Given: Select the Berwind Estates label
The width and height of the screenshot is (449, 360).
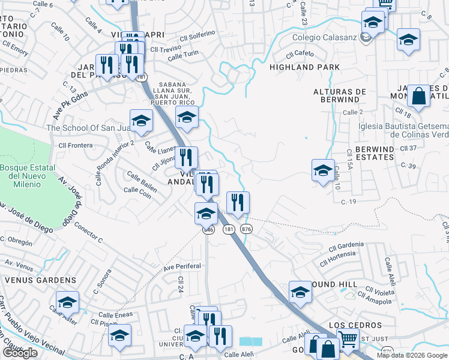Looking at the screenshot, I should [366, 152].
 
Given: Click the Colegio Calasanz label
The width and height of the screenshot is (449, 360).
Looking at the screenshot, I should [324, 38].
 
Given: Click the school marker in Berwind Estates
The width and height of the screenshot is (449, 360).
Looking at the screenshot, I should [323, 170].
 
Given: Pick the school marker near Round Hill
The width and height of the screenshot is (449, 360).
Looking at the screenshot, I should [300, 292].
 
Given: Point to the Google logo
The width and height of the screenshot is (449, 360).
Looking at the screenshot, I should [20, 353].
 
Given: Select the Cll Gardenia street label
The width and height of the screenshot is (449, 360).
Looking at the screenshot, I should [343, 245].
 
